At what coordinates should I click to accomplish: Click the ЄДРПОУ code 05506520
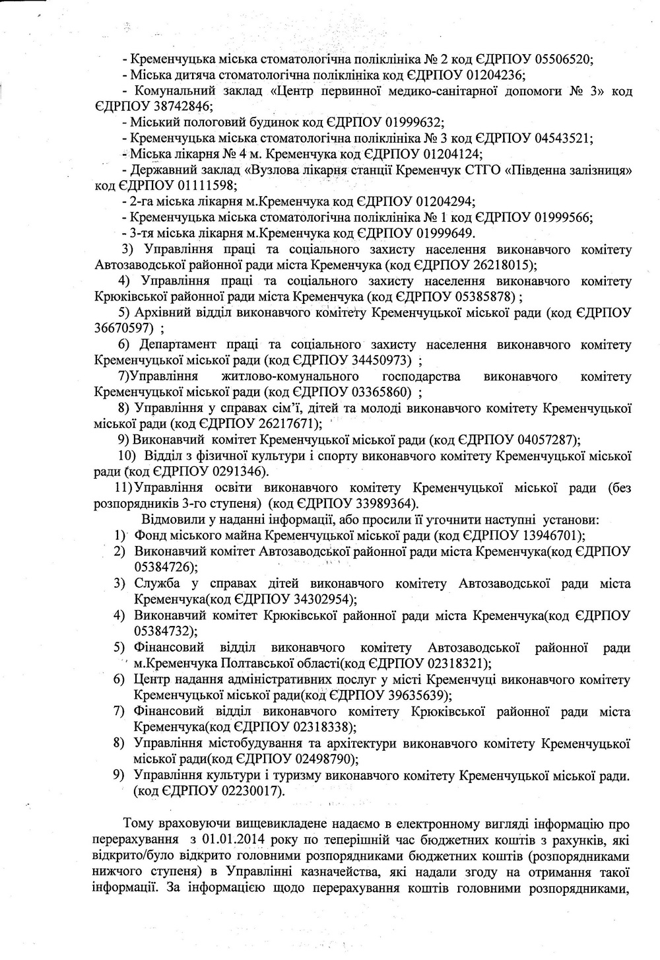(x=562, y=58)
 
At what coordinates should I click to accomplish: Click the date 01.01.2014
(x=234, y=840)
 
